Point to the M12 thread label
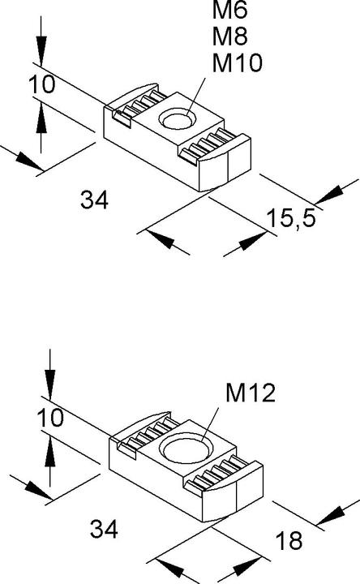(251, 393)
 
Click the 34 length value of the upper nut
(96, 200)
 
